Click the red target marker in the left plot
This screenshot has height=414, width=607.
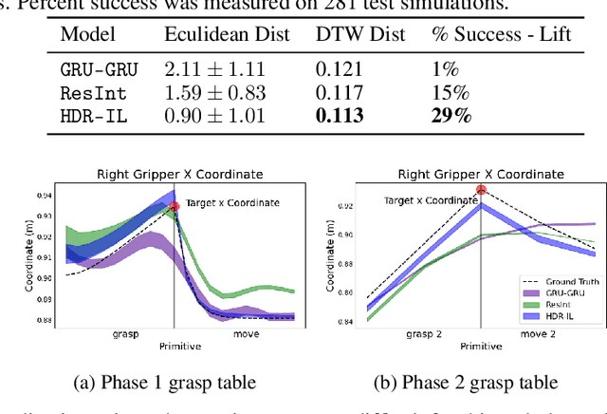(x=174, y=207)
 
